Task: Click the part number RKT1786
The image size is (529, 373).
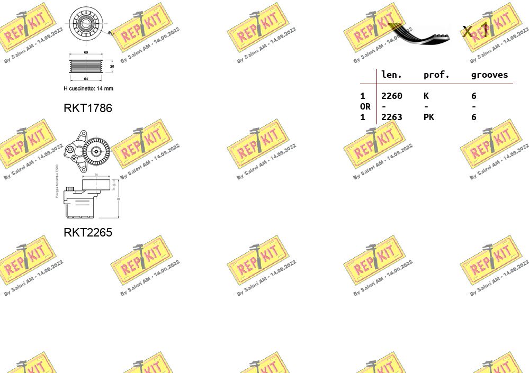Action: point(87,108)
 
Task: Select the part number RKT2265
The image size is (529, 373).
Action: point(87,232)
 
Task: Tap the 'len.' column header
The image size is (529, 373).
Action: point(391,75)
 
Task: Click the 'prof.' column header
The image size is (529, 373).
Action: point(436,75)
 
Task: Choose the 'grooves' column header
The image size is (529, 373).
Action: point(489,75)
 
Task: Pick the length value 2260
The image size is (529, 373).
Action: point(391,96)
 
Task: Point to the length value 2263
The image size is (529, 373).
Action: point(391,117)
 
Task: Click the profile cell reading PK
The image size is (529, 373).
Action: point(428,117)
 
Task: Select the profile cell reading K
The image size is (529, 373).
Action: point(426,96)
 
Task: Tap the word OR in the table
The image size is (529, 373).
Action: point(365,106)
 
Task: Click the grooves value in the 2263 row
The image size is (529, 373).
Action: point(473,117)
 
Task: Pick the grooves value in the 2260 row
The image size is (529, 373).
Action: point(473,96)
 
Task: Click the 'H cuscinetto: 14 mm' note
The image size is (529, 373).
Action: point(88,88)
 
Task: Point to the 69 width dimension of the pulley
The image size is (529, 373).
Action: point(86,52)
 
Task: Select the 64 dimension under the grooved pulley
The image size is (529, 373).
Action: point(86,79)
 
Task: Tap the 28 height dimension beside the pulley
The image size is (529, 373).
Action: point(112,67)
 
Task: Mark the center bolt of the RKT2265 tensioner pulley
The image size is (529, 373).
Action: point(96,151)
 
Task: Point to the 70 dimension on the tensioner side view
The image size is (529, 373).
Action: point(96,174)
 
